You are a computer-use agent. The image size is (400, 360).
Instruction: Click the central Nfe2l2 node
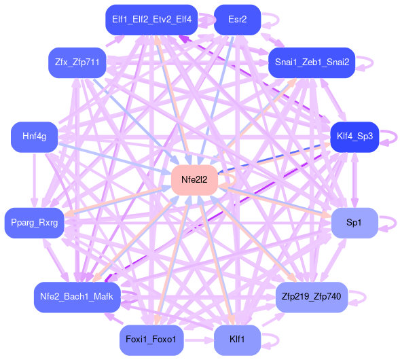(x=194, y=180)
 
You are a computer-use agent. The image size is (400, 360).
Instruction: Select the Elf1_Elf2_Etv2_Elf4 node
(x=151, y=20)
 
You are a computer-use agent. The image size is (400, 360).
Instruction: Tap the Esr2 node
(x=237, y=20)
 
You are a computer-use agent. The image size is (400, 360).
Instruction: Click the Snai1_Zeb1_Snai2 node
(x=312, y=62)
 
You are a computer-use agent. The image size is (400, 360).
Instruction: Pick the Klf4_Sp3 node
(x=354, y=137)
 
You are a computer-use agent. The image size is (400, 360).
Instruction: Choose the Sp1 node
(x=354, y=223)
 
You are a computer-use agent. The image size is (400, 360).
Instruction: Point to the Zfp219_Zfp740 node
(x=312, y=297)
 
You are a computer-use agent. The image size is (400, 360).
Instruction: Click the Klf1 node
(x=237, y=340)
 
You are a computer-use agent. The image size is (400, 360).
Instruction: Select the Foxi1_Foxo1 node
(x=151, y=340)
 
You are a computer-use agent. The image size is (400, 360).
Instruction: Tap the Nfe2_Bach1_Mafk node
(x=77, y=297)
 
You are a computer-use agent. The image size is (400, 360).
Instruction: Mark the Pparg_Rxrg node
(x=34, y=223)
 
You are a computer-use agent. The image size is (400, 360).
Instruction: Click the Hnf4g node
(x=34, y=137)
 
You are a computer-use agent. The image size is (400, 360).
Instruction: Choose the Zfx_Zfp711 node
(x=77, y=62)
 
